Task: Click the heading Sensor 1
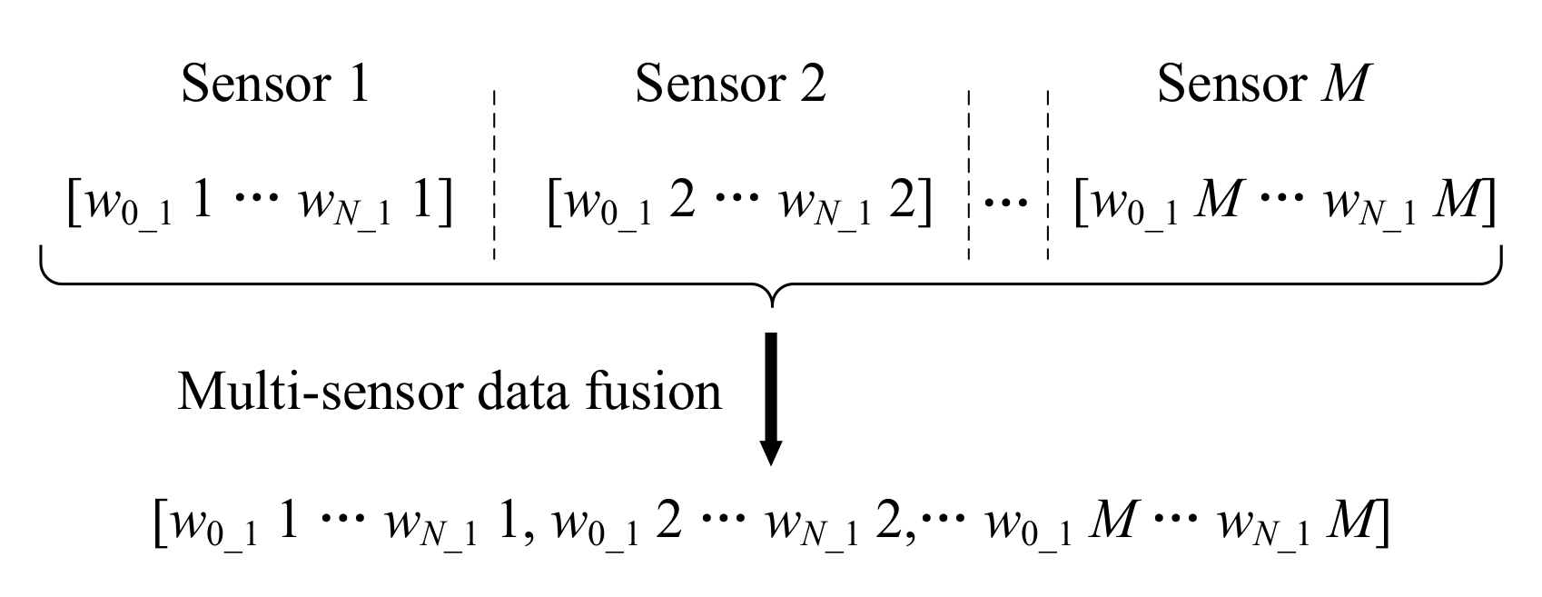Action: [275, 85]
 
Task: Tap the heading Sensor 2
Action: [730, 85]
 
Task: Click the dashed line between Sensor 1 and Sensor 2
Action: [494, 173]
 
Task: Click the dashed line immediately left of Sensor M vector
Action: [1047, 173]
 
